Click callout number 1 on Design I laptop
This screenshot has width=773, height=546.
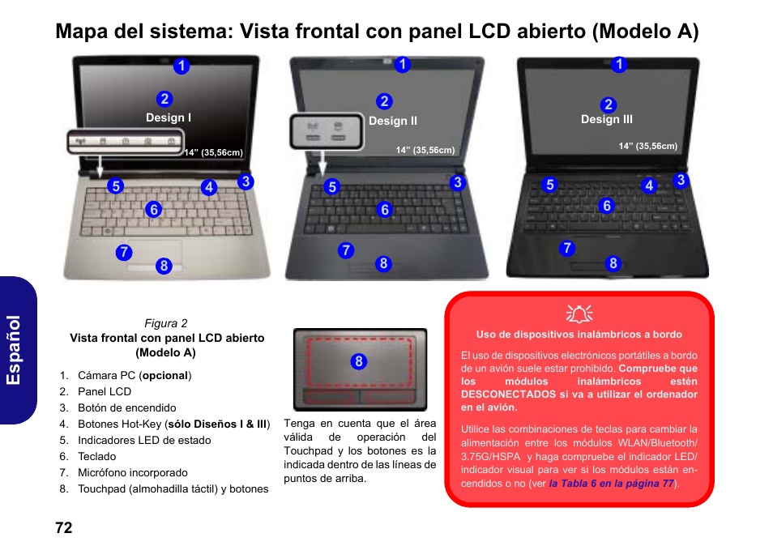tap(182, 66)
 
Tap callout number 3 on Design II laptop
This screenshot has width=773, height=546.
tap(458, 182)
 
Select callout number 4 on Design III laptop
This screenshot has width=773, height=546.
tap(649, 186)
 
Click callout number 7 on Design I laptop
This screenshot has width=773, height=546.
tap(123, 252)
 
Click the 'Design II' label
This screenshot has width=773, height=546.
tap(393, 121)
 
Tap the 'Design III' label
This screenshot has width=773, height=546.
tap(607, 119)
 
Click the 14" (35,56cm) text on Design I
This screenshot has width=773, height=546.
tap(214, 152)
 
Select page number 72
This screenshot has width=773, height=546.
tap(64, 528)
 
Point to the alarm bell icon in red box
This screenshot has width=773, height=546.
tap(579, 314)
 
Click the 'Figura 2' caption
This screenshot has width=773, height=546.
tap(166, 323)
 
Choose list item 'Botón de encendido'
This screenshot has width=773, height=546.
tap(126, 408)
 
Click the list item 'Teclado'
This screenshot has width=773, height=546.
tap(96, 457)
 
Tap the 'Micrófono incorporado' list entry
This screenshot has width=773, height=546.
tap(132, 473)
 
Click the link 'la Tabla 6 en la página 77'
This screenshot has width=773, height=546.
tap(612, 484)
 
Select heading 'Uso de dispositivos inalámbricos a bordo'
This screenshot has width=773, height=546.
tap(579, 335)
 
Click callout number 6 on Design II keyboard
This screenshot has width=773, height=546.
tap(385, 210)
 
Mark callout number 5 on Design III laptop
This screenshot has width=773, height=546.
tap(550, 185)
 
